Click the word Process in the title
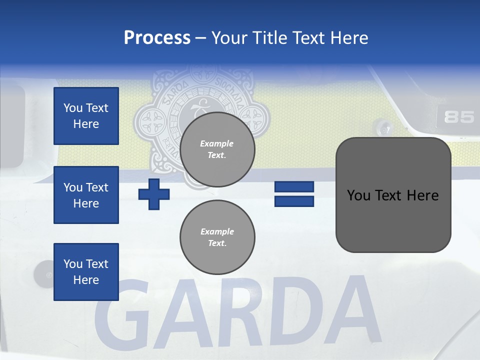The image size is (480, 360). pos(157,37)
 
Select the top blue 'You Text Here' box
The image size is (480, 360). pos(86,116)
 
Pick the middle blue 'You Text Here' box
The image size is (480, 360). pos(86,195)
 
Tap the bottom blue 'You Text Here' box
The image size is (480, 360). pos(86,272)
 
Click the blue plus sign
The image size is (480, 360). pos(154,194)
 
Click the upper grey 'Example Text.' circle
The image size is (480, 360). pos(217,149)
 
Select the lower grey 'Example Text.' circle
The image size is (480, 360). pos(217,237)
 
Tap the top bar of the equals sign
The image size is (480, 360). pos(294,187)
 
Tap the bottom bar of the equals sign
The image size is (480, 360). pos(294,201)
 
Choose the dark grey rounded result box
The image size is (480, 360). pos(393,195)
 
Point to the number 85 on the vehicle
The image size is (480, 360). pos(458,117)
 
